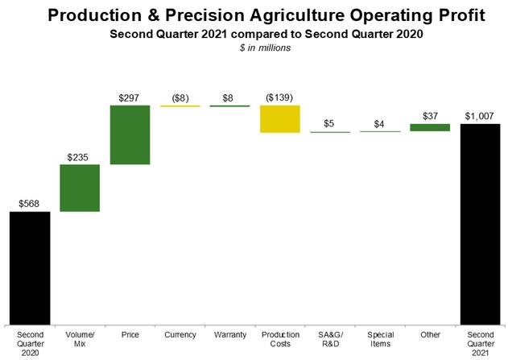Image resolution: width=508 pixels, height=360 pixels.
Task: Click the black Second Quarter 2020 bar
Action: [30, 268]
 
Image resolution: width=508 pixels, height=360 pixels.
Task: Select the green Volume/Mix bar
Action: [80, 188]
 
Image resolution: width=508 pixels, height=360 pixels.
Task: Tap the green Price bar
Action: [130, 134]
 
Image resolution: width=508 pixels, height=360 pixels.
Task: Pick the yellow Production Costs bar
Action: [280, 119]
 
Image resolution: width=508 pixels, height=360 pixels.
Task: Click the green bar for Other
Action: [430, 127]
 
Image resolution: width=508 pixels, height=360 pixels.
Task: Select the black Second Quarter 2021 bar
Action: [480, 224]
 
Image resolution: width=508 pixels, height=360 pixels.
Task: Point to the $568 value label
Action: [29, 204]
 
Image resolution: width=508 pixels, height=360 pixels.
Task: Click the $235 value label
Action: [78, 158]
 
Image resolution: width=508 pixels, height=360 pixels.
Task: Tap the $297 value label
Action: [129, 98]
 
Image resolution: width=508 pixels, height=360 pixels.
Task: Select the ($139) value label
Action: [279, 97]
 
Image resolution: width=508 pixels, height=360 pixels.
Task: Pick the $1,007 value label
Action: [480, 116]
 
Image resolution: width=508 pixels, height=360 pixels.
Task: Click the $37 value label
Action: [430, 116]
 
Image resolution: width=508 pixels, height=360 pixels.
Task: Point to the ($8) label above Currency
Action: [180, 98]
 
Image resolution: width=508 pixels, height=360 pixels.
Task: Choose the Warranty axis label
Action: [230, 335]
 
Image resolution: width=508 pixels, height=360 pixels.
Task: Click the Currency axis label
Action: [180, 335]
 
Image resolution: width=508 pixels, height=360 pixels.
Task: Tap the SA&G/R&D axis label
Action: [330, 339]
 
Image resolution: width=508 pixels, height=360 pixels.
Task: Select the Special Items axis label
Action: [380, 339]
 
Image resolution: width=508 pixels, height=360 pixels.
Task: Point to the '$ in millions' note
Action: [265, 48]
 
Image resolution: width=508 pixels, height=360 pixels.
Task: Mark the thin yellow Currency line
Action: [180, 106]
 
